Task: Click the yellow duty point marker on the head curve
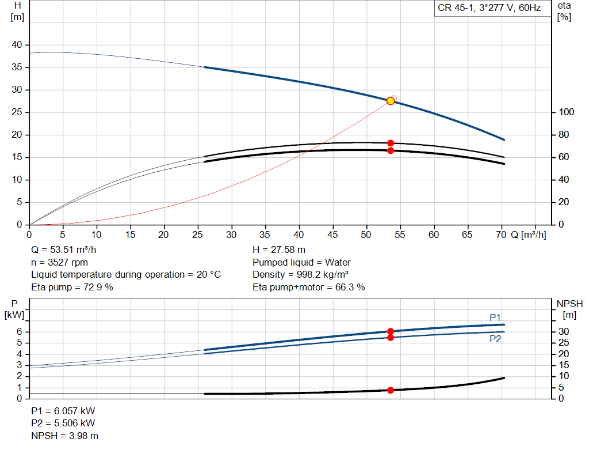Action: pyautogui.click(x=391, y=101)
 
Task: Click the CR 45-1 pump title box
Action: pyautogui.click(x=488, y=8)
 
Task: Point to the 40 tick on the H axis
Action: pyautogui.click(x=17, y=45)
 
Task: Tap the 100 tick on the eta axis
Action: pyautogui.click(x=566, y=112)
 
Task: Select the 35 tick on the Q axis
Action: pyautogui.click(x=265, y=235)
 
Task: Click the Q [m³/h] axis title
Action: pyautogui.click(x=528, y=235)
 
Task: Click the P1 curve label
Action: pyautogui.click(x=495, y=317)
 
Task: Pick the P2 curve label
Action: pyautogui.click(x=495, y=339)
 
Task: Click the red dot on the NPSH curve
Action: pyautogui.click(x=391, y=390)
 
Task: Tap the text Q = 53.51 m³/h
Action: pyautogui.click(x=63, y=250)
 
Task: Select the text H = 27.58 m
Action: pyautogui.click(x=279, y=250)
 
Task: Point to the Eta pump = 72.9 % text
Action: pyautogui.click(x=72, y=287)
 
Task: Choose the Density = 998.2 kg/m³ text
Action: pyautogui.click(x=301, y=275)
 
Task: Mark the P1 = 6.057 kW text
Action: pyautogui.click(x=63, y=411)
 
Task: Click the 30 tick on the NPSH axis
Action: pyautogui.click(x=566, y=331)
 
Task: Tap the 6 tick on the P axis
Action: pyautogui.click(x=19, y=331)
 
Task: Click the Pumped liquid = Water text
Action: pyautogui.click(x=301, y=262)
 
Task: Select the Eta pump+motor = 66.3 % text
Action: pyautogui.click(x=309, y=287)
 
